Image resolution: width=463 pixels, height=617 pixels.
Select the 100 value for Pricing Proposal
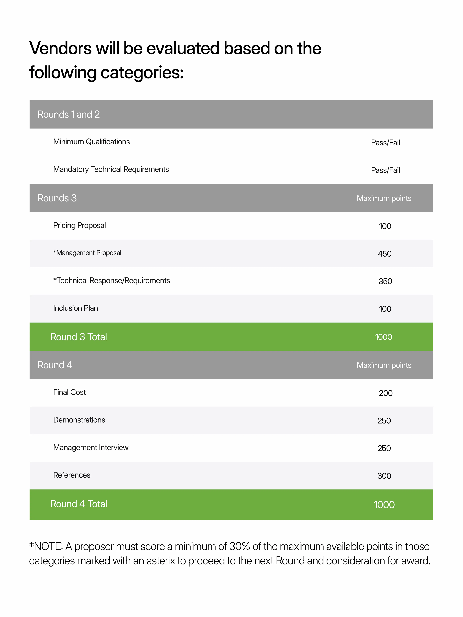(385, 226)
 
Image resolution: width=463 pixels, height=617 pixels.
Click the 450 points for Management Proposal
(384, 254)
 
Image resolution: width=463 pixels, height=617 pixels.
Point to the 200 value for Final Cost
(385, 393)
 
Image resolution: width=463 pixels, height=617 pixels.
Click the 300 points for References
(384, 476)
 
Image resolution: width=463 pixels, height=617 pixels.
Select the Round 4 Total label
(78, 504)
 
